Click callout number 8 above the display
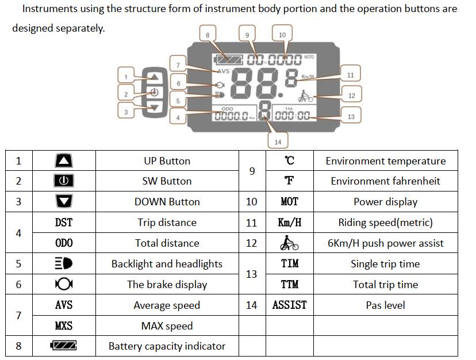click(x=208, y=35)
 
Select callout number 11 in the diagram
click(x=350, y=75)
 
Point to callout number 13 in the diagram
click(x=351, y=116)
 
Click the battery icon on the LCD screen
click(x=229, y=59)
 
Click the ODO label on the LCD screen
click(x=227, y=109)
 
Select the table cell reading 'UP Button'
click(x=167, y=161)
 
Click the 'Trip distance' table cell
click(x=167, y=223)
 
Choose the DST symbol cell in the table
click(x=64, y=223)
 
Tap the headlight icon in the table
click(x=64, y=264)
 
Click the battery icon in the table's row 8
click(x=64, y=346)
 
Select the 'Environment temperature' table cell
click(x=385, y=161)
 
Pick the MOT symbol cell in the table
click(x=289, y=202)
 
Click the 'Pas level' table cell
click(x=385, y=305)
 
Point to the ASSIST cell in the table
click(x=289, y=305)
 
